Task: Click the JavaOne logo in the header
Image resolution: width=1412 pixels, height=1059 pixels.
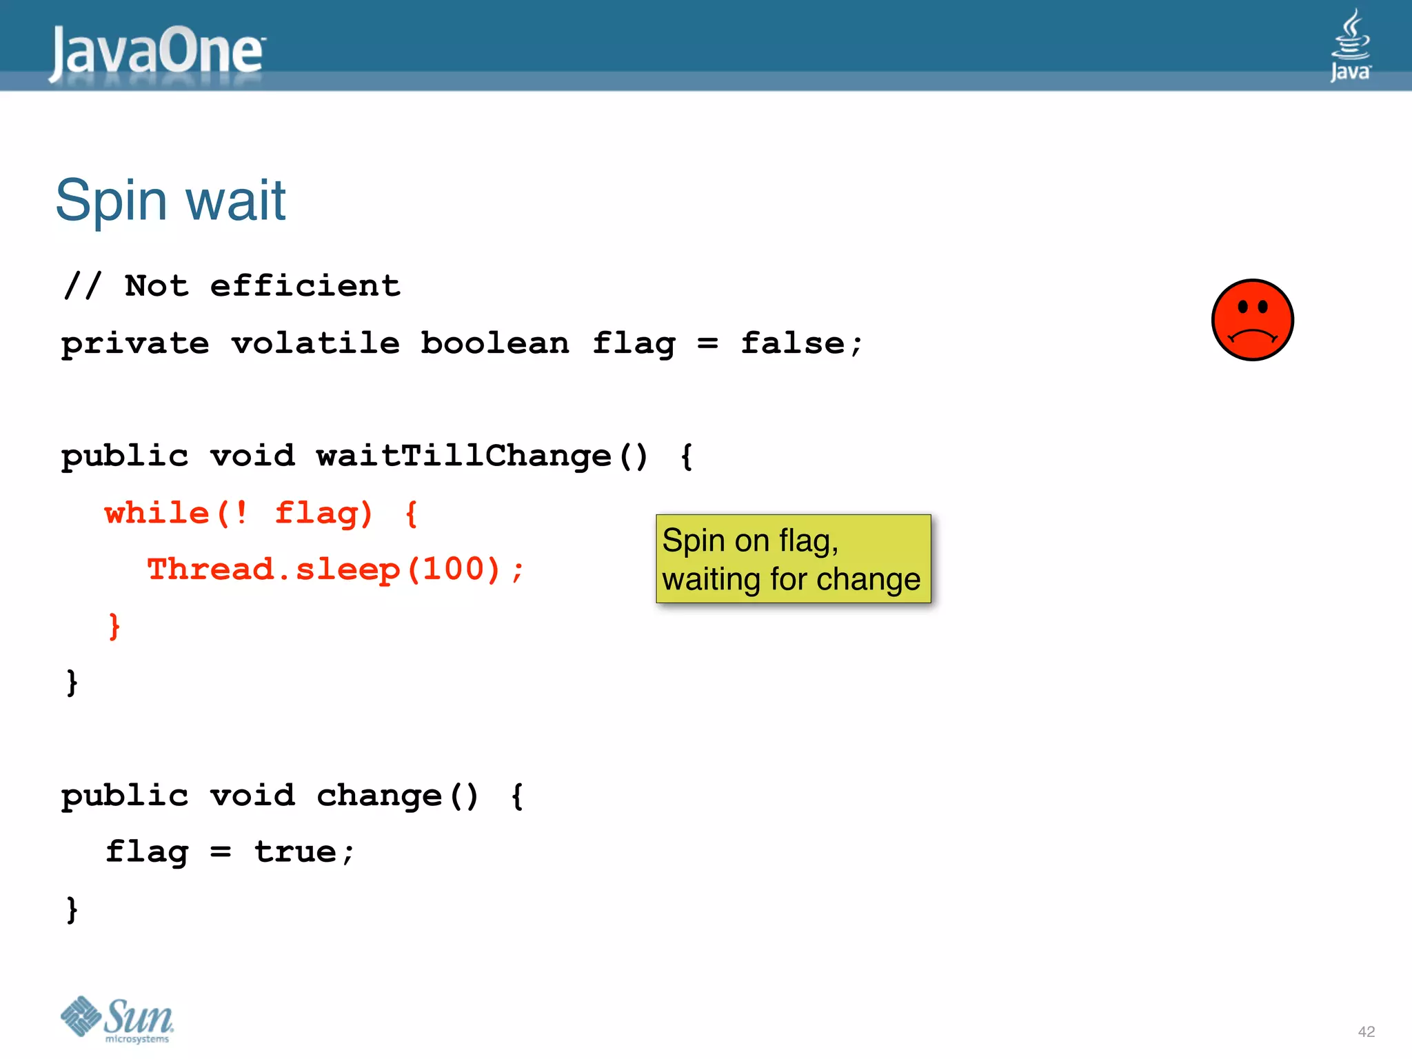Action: [157, 51]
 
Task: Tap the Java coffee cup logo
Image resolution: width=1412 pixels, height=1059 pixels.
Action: [1350, 45]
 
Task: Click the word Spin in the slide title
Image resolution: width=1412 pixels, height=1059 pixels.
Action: [111, 201]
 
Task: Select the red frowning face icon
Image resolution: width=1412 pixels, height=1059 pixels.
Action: [1252, 320]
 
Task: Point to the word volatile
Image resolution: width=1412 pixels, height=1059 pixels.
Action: [315, 343]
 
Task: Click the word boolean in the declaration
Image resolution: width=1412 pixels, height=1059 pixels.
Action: [494, 343]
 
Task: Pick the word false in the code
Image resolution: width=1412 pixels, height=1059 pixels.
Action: [792, 343]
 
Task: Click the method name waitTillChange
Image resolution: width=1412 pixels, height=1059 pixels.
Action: [463, 456]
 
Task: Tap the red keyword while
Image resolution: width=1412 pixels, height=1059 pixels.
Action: [157, 513]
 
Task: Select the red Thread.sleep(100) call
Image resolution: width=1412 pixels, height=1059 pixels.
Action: [335, 570]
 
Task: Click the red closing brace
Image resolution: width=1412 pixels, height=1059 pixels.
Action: [114, 626]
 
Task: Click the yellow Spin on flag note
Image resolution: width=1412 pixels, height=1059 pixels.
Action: [793, 558]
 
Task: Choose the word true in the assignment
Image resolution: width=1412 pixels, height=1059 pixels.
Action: [295, 852]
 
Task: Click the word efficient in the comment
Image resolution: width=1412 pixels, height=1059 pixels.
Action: [305, 286]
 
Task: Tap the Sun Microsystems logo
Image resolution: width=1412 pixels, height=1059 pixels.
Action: [117, 1018]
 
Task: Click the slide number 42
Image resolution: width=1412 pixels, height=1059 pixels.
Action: [1366, 1031]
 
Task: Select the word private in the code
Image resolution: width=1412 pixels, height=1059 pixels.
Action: [135, 343]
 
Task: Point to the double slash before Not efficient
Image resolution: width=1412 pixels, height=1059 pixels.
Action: [83, 286]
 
